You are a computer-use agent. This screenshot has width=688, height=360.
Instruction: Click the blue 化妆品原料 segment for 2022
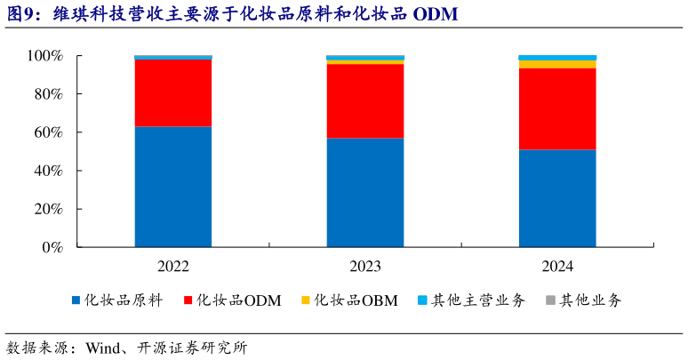pyautogui.click(x=173, y=187)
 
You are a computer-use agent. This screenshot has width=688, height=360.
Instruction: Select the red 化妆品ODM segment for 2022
pyautogui.click(x=173, y=93)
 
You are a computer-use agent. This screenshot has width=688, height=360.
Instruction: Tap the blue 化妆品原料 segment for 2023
pyautogui.click(x=364, y=193)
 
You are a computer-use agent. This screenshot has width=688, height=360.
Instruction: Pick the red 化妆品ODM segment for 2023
pyautogui.click(x=364, y=101)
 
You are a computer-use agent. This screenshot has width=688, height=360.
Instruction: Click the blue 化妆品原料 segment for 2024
pyautogui.click(x=557, y=198)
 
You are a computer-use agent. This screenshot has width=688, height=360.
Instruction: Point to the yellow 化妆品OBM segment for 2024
pyautogui.click(x=557, y=64)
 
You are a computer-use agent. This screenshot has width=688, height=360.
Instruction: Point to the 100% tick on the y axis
pyautogui.click(x=44, y=56)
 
